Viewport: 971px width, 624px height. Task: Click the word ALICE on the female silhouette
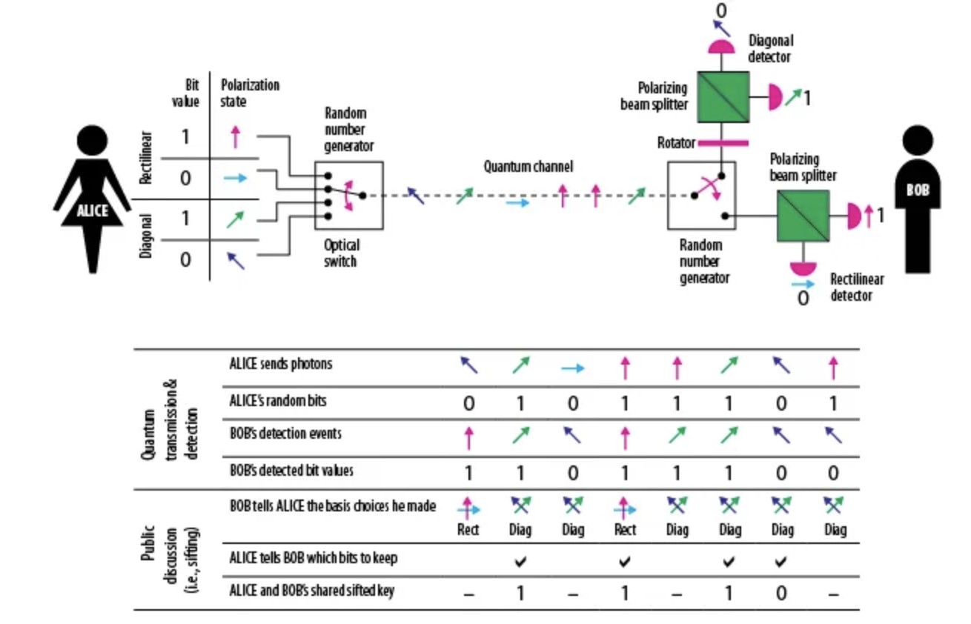93,210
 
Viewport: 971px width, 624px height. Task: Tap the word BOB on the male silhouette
917,190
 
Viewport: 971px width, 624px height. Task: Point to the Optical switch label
342,253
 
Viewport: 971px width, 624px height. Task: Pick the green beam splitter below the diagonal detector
723,97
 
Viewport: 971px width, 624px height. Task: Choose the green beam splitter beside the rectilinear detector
803,216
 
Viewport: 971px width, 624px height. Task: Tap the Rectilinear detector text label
856,288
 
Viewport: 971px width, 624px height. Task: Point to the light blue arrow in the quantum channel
518,202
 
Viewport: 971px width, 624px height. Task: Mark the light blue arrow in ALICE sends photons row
571,368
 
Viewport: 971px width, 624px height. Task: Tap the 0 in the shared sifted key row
781,594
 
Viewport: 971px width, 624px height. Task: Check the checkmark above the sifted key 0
781,562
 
